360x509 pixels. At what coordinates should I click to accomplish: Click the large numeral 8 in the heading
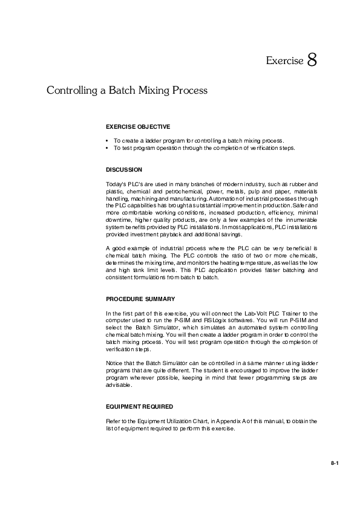pos(312,60)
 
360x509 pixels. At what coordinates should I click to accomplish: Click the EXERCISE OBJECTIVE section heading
pos(138,127)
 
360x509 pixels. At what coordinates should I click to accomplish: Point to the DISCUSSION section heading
pos(124,170)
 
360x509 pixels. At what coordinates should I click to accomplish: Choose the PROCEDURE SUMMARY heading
pos(140,299)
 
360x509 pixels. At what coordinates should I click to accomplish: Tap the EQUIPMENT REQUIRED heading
pos(140,407)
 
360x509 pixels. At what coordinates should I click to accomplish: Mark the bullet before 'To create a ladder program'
pos(107,140)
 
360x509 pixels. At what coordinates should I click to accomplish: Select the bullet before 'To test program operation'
pos(107,147)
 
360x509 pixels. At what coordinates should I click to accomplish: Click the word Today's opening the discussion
pos(116,183)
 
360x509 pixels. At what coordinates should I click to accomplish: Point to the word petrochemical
pos(183,190)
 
